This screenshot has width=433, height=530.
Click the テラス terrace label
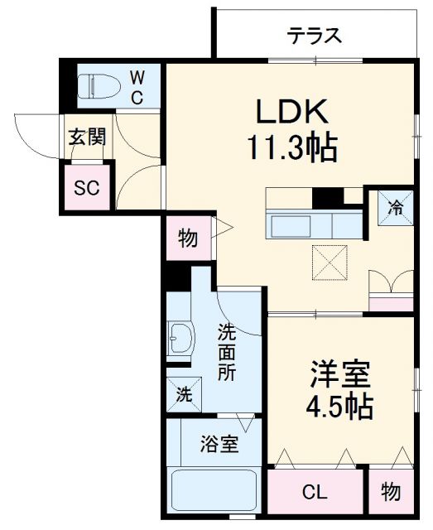(x=315, y=36)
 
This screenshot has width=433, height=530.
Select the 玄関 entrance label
(x=86, y=137)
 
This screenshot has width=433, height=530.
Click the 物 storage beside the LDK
(x=188, y=239)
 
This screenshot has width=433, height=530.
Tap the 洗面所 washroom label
(x=226, y=352)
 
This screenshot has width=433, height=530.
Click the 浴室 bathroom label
(x=219, y=444)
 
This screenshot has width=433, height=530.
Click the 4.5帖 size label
(x=340, y=407)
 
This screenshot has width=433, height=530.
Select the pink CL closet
(x=315, y=494)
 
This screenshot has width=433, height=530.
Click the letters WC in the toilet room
(x=137, y=86)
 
